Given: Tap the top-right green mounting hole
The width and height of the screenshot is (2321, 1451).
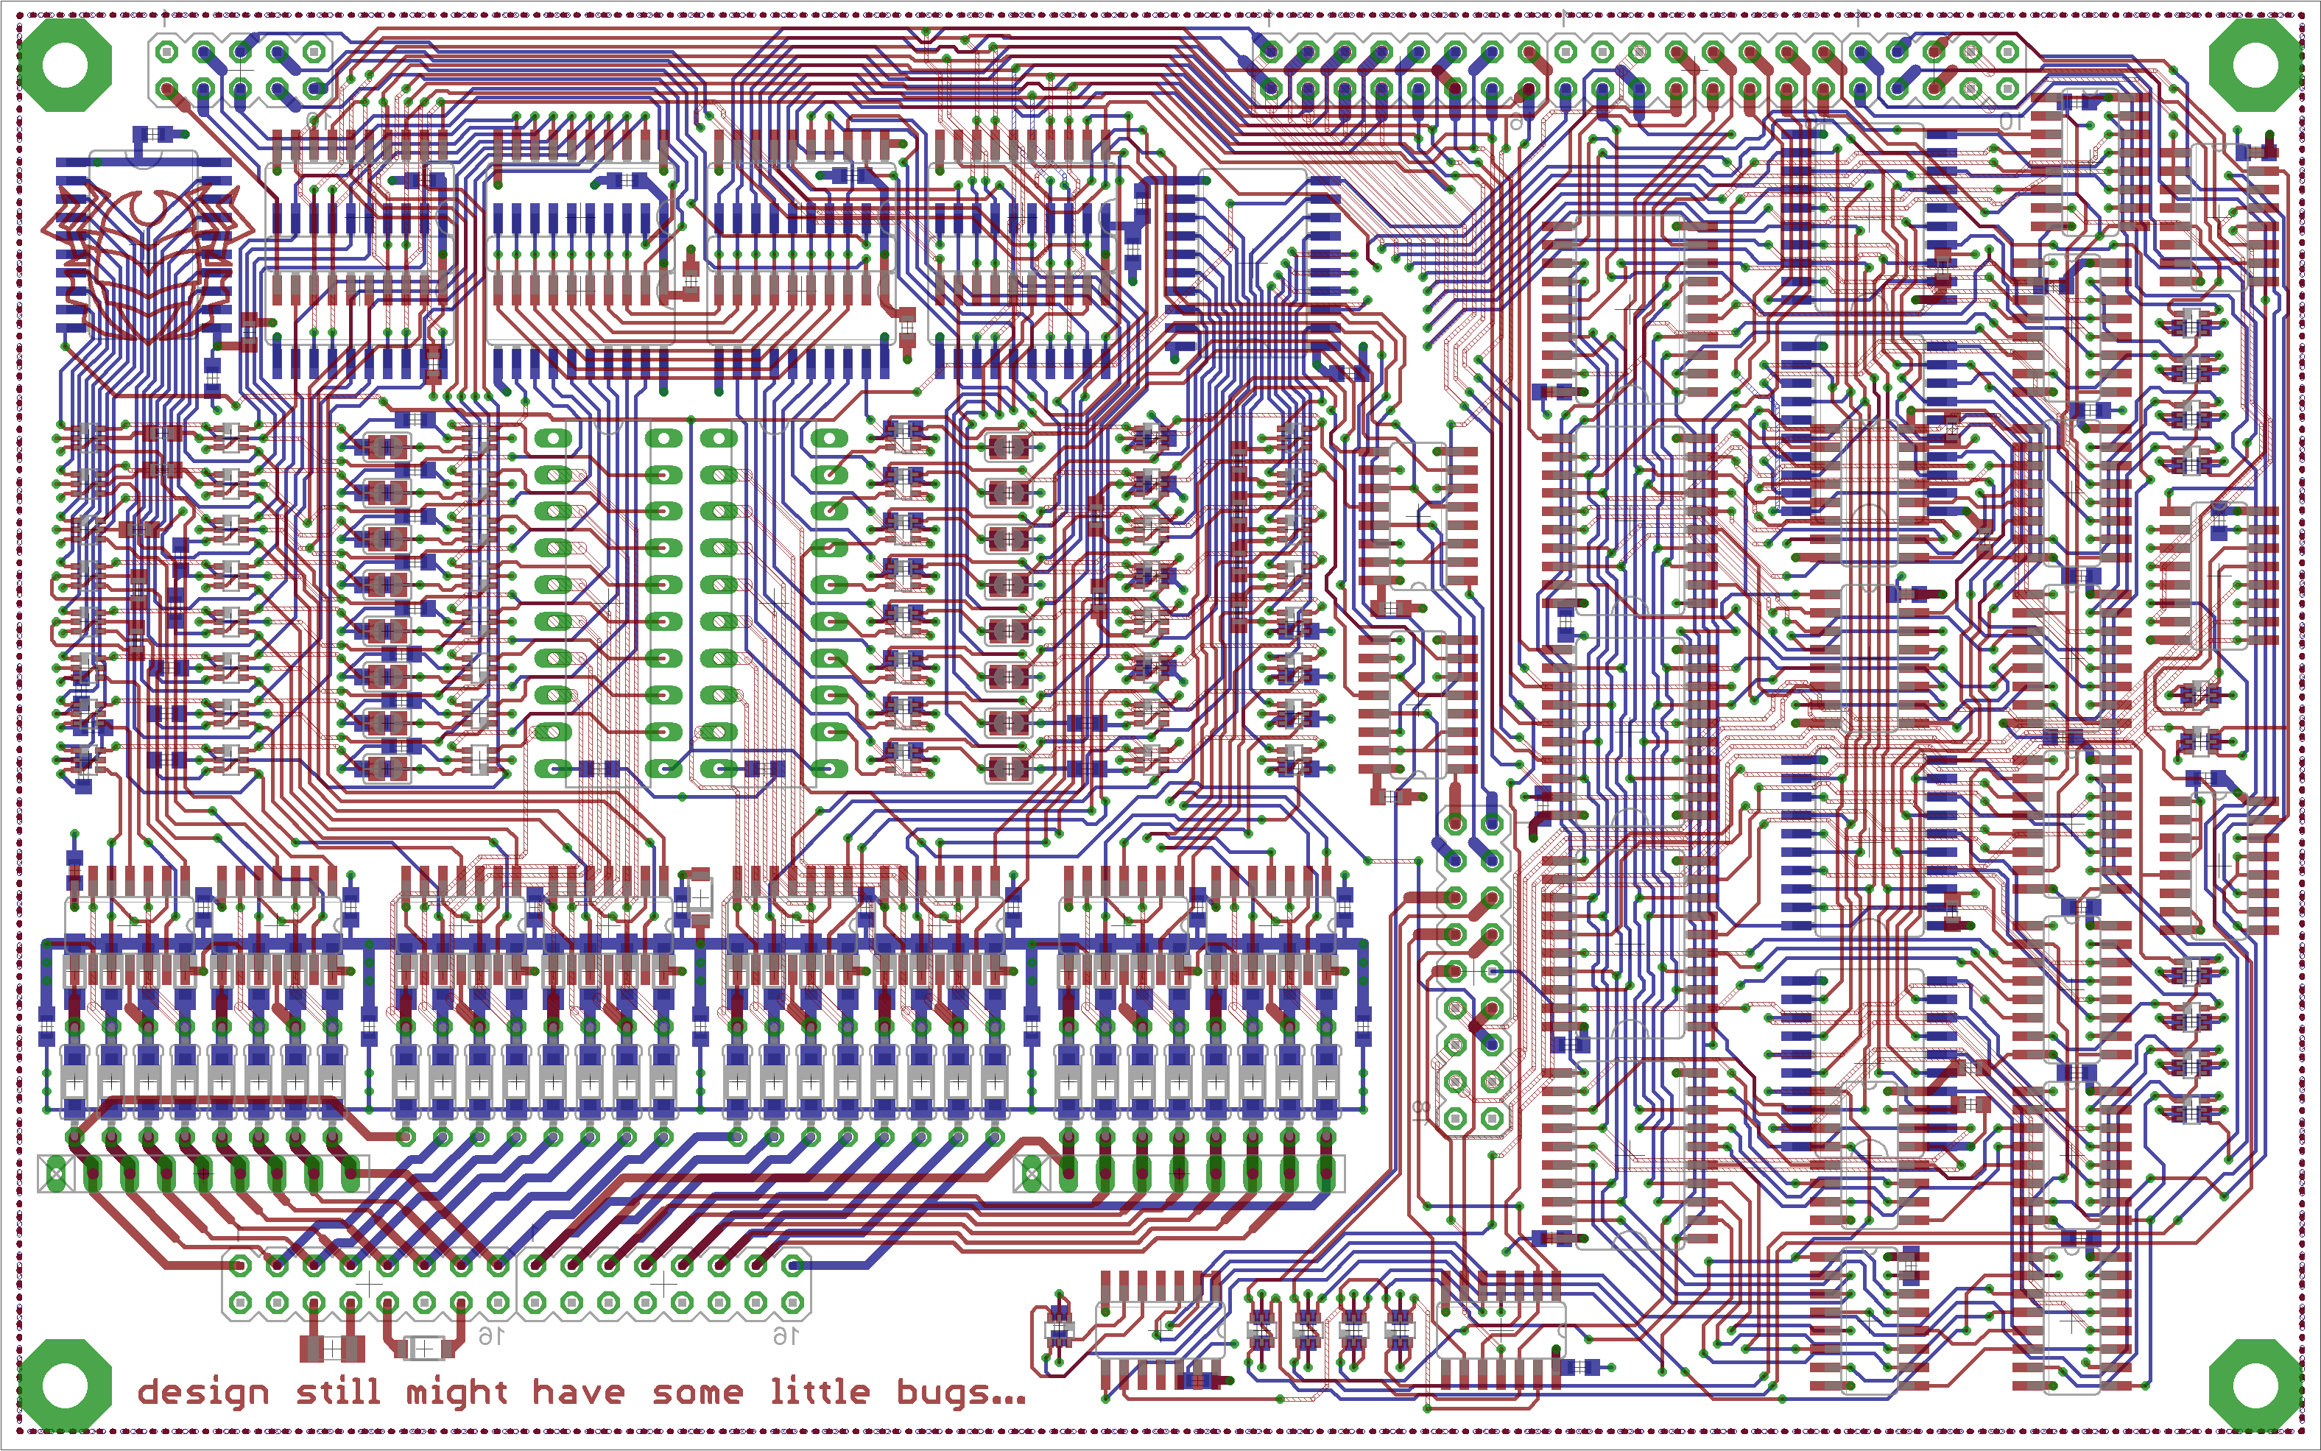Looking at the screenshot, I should click(x=2255, y=66).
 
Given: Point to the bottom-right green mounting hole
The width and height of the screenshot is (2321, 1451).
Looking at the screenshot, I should click(x=2255, y=1385).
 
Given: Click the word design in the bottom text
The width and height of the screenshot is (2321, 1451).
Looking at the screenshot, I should click(x=202, y=1392).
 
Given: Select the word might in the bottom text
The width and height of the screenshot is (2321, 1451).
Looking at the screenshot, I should click(x=456, y=1392).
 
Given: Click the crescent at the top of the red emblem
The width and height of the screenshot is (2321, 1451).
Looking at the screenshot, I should click(x=149, y=206).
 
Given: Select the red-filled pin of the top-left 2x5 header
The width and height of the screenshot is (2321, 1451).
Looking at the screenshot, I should click(x=167, y=89).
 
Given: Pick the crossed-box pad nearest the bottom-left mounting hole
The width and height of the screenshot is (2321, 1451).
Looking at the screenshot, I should click(x=56, y=1173).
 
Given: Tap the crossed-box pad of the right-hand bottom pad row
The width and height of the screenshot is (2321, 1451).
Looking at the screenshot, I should click(x=1031, y=1173).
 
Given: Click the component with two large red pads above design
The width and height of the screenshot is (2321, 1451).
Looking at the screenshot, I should click(x=331, y=1349).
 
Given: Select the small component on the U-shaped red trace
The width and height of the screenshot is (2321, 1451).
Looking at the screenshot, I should click(x=423, y=1349).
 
